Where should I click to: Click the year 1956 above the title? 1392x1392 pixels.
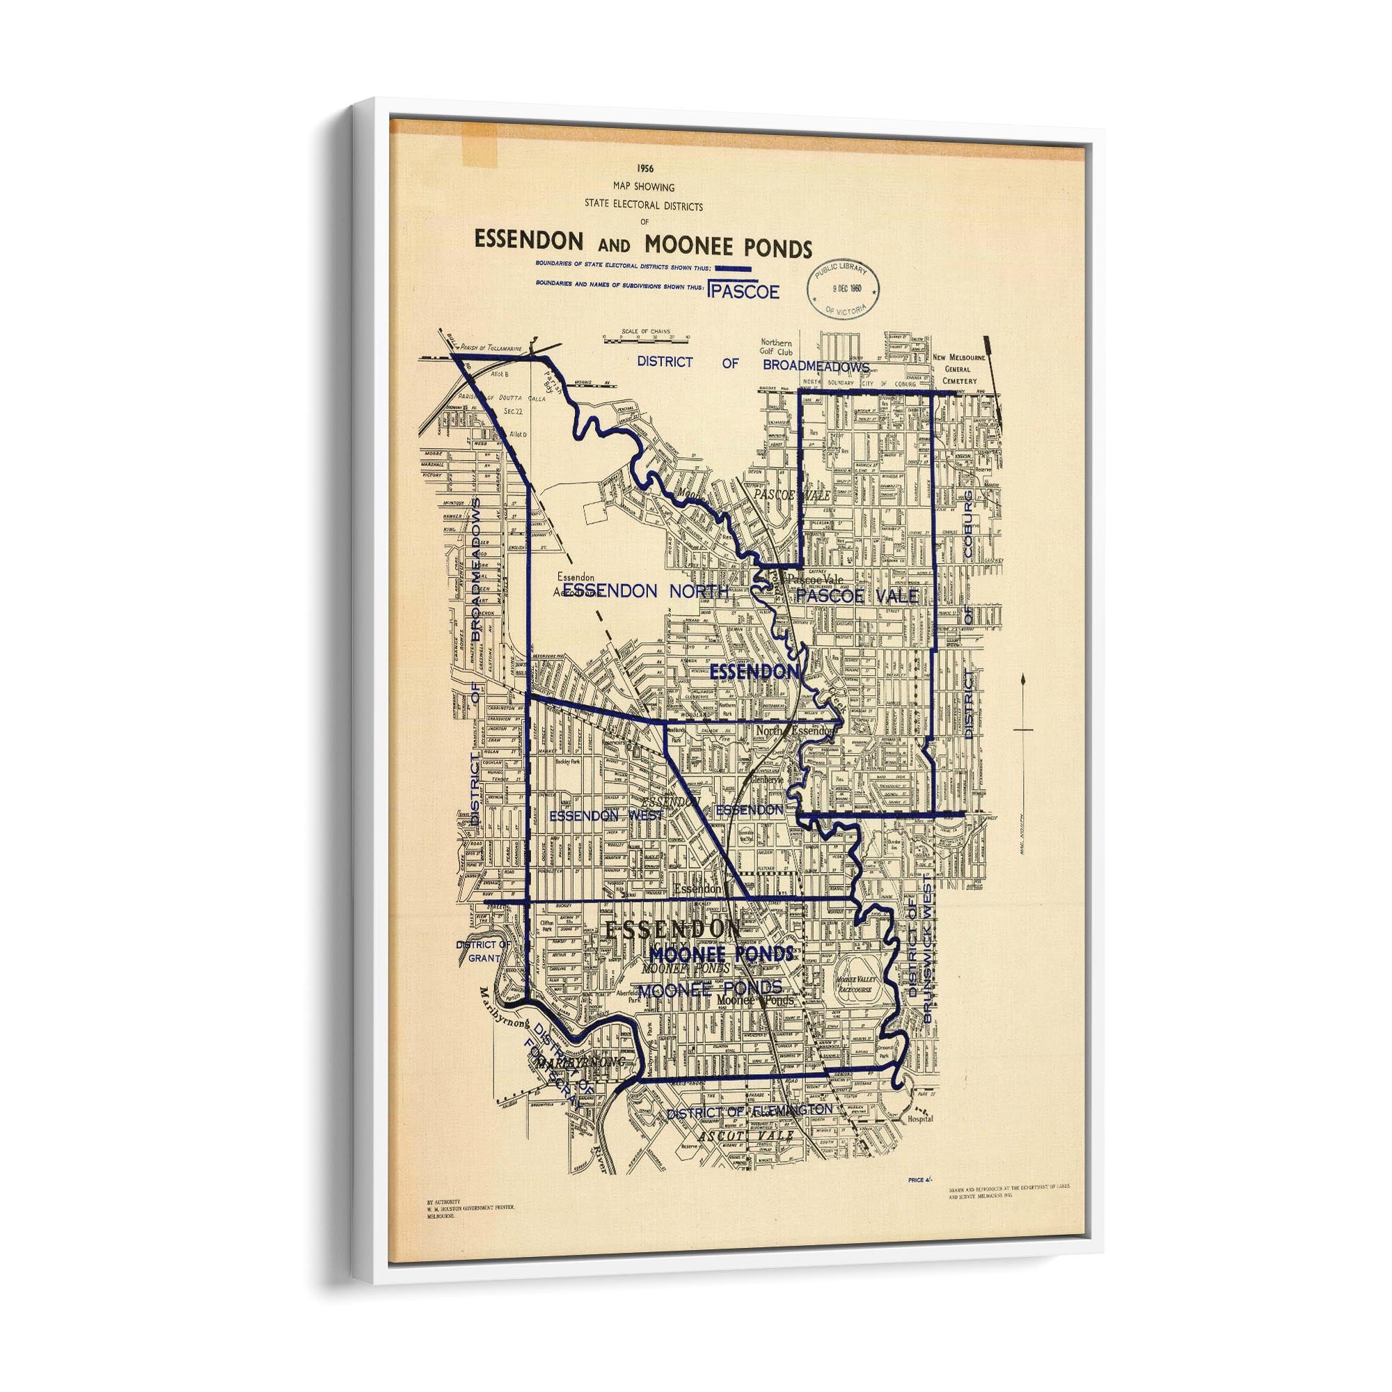tap(645, 168)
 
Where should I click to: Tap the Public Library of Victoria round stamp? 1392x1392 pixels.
tap(846, 287)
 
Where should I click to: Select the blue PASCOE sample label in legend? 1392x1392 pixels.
tap(744, 291)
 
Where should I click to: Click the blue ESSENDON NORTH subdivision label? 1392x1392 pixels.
tap(646, 591)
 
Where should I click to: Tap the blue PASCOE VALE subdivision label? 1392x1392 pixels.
tap(857, 595)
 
